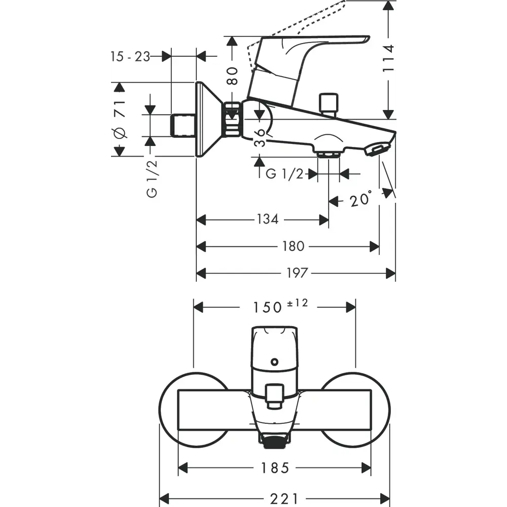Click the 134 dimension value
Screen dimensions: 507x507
point(268,219)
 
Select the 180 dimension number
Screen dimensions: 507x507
point(293,246)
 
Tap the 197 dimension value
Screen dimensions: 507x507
point(297,273)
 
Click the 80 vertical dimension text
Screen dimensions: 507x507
point(232,76)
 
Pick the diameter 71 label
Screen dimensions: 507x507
point(120,120)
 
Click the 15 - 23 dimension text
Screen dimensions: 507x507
point(130,56)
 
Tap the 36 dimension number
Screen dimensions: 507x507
point(260,136)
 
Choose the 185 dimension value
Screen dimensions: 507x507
point(275,467)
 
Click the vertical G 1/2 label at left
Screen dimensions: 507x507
point(152,178)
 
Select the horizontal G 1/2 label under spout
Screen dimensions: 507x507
point(284,174)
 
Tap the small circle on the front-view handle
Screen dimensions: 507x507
point(274,362)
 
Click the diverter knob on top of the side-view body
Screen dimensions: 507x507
point(328,103)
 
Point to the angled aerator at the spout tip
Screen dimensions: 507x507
point(377,149)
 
